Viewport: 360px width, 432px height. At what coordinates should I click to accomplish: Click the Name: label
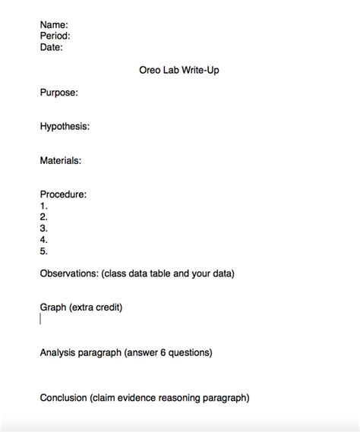[x=54, y=25]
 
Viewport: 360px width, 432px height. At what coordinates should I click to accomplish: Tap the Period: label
[x=55, y=36]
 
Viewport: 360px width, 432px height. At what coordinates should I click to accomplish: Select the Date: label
[x=52, y=47]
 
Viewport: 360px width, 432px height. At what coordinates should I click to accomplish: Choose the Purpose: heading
[x=58, y=93]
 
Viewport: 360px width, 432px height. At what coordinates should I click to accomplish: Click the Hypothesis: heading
[x=65, y=127]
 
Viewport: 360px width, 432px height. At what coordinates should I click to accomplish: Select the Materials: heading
[x=61, y=160]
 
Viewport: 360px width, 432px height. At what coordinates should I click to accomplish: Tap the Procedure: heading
[x=63, y=194]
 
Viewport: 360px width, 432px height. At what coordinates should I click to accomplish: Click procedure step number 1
[x=44, y=206]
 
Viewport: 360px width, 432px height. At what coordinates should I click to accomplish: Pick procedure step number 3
[x=44, y=228]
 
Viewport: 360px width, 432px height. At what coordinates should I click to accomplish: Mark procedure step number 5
[x=44, y=251]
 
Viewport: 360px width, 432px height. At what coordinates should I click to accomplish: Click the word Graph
[x=53, y=307]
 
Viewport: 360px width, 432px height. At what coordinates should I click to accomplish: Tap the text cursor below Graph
[x=40, y=319]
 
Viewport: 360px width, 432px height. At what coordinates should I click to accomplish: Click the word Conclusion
[x=64, y=397]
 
